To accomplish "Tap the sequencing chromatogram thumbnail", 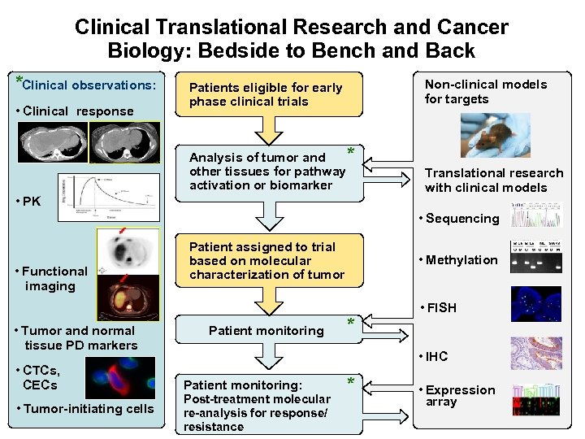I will [x=535, y=215].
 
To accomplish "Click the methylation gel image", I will [x=535, y=256].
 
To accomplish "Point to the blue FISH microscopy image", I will [x=535, y=304].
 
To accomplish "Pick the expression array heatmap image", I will [x=535, y=398].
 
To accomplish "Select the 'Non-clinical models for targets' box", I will [x=486, y=92].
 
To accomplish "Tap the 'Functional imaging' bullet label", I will [x=53, y=278].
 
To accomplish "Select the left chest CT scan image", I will [x=55, y=142].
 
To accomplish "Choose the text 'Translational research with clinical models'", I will [x=493, y=180].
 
